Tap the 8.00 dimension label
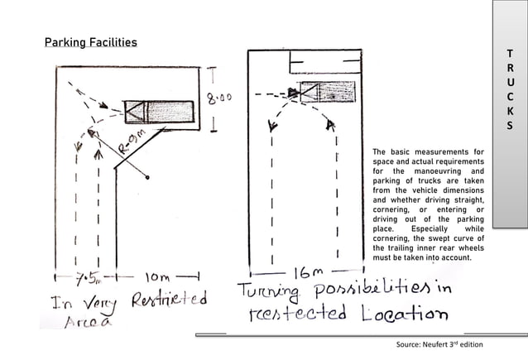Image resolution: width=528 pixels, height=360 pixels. [219, 98]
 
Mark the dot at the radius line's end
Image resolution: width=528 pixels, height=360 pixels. [147, 177]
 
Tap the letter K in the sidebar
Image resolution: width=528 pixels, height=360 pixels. [511, 113]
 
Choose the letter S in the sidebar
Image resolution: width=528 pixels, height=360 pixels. [511, 127]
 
